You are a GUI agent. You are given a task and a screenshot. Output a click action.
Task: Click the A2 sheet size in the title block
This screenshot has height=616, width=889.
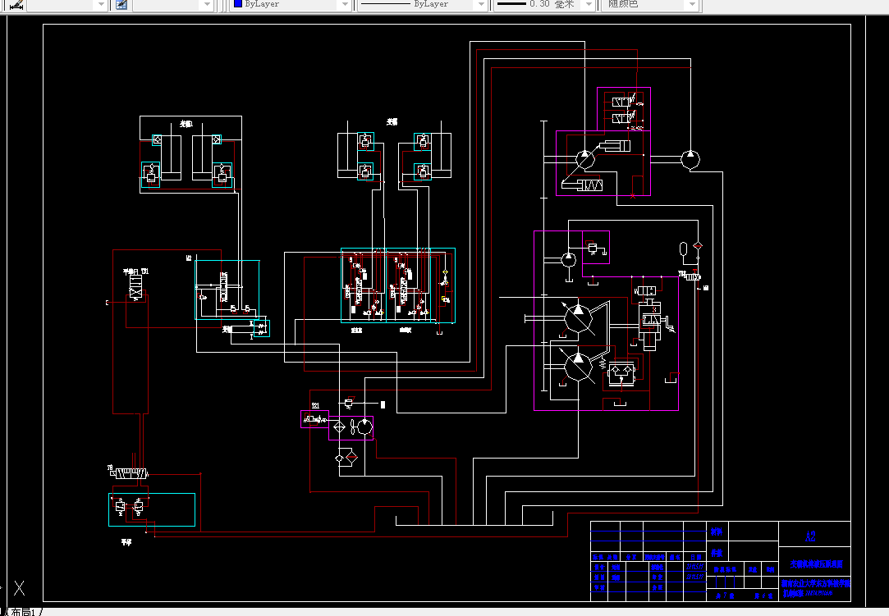[x=811, y=537]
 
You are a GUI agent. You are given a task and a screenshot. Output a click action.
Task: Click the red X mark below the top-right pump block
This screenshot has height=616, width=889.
[x=632, y=196]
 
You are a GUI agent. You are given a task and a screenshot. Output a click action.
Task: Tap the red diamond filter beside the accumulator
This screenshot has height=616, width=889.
[x=698, y=246]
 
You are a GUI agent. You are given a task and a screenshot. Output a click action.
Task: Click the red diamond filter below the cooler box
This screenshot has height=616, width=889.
[x=351, y=456]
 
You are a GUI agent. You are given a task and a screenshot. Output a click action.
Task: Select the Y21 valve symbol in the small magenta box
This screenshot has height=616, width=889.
[x=314, y=419]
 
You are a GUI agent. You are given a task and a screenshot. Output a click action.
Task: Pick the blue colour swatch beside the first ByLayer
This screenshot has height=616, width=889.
[x=237, y=4]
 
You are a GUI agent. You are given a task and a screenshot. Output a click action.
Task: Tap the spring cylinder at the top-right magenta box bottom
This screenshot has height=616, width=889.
[x=589, y=185]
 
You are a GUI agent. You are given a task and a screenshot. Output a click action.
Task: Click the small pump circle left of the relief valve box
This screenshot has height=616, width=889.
[x=567, y=259]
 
